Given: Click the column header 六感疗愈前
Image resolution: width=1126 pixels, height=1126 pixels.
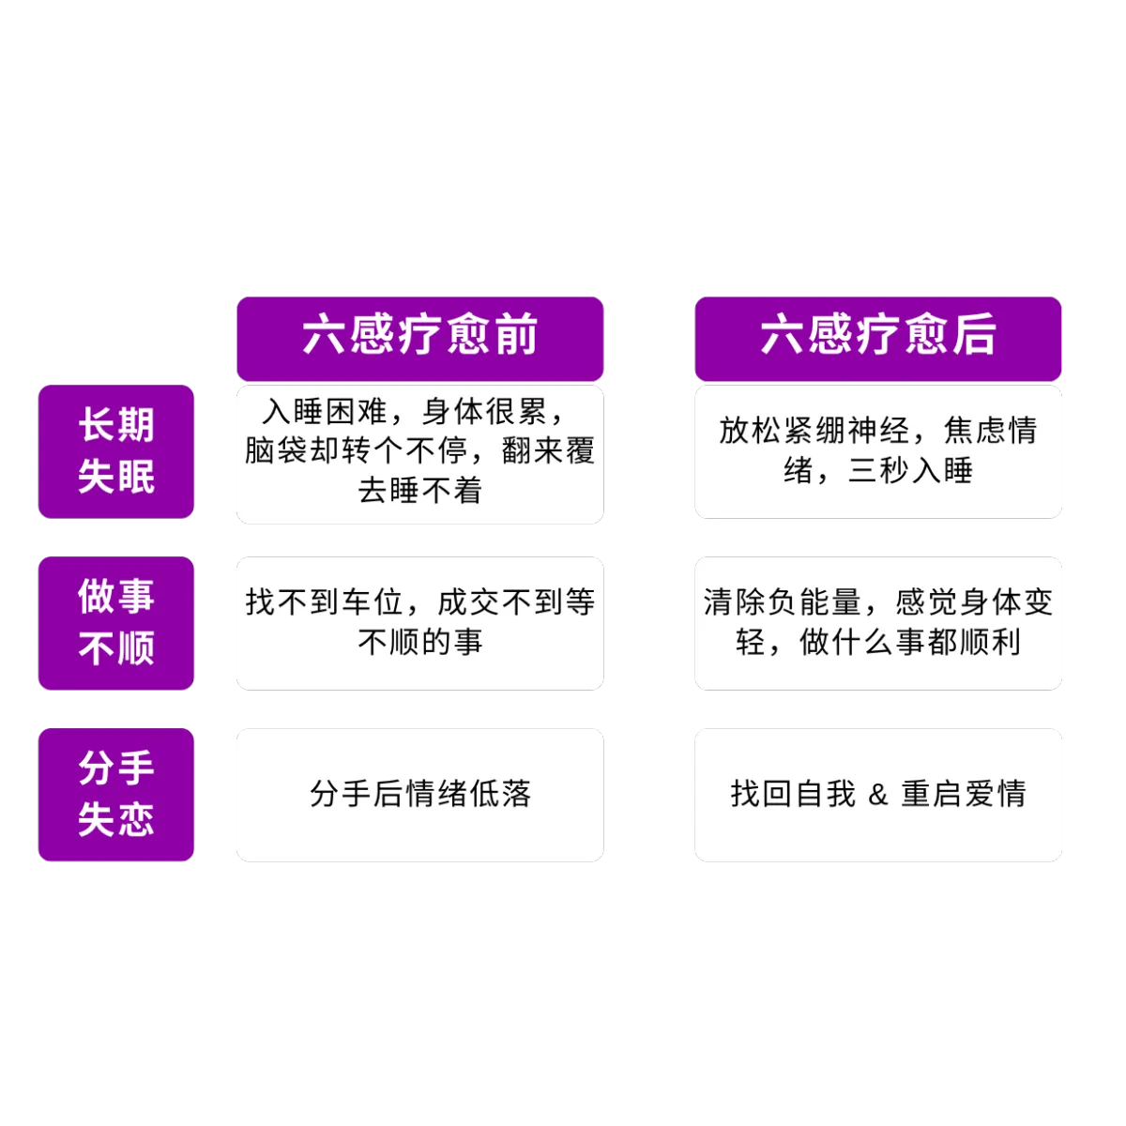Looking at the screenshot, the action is tap(419, 339).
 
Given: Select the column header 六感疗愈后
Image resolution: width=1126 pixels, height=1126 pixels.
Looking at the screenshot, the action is tap(877, 339).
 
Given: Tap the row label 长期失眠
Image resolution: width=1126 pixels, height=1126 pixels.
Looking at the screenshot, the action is tap(116, 451).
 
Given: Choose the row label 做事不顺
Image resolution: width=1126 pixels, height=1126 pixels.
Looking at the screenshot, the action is tap(116, 623).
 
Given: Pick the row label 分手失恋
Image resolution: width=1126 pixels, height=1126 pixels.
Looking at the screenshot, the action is tap(116, 795).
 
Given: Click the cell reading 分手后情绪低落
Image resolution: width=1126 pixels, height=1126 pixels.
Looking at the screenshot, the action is tap(420, 794).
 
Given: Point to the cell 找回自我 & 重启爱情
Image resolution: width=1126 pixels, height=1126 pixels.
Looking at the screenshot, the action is tap(878, 794).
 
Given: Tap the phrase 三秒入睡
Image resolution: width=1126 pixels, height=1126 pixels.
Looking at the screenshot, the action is tap(910, 471).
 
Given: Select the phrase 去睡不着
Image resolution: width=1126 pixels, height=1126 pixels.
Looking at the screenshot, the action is tap(420, 491).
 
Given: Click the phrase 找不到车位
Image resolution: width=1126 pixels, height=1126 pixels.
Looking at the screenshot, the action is tap(325, 602).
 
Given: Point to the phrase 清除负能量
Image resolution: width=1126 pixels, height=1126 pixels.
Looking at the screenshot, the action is tap(783, 602).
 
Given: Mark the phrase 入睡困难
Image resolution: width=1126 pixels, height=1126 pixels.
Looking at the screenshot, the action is tap(325, 412).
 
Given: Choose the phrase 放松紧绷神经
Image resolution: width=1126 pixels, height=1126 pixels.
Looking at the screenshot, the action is tap(814, 432).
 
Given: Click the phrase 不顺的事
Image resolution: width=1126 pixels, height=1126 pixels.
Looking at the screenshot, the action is tap(420, 642).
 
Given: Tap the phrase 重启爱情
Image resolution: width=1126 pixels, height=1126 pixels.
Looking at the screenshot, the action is tap(964, 794).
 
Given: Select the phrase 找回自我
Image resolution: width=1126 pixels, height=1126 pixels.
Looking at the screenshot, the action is tap(793, 794).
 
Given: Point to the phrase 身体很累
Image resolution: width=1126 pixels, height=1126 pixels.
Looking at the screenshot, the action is tap(484, 412).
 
